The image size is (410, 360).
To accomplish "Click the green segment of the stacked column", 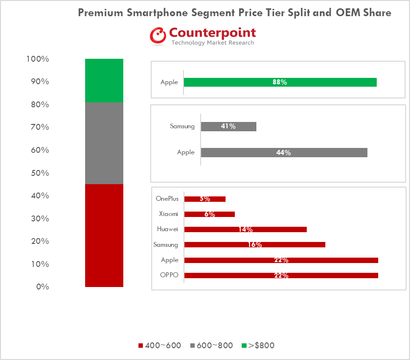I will [x=104, y=80].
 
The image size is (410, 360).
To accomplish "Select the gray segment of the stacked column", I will [x=104, y=143].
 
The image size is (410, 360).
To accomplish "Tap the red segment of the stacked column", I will [x=104, y=235].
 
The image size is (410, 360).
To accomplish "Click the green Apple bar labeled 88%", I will [x=280, y=82].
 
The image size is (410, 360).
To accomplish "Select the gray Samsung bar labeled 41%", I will [x=228, y=126].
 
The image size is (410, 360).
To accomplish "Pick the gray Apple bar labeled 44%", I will [x=284, y=152].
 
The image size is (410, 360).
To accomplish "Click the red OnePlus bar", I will [x=205, y=199].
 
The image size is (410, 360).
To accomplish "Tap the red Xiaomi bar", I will [x=209, y=214].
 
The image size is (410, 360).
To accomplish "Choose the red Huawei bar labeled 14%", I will [x=245, y=229].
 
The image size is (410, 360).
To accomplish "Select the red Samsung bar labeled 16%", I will [x=254, y=244].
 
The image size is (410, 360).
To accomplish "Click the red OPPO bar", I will [x=281, y=275].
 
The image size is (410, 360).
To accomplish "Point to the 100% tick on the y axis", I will [x=38, y=59].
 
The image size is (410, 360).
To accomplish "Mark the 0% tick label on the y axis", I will [x=42, y=287].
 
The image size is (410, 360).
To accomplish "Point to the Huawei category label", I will [x=167, y=229].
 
